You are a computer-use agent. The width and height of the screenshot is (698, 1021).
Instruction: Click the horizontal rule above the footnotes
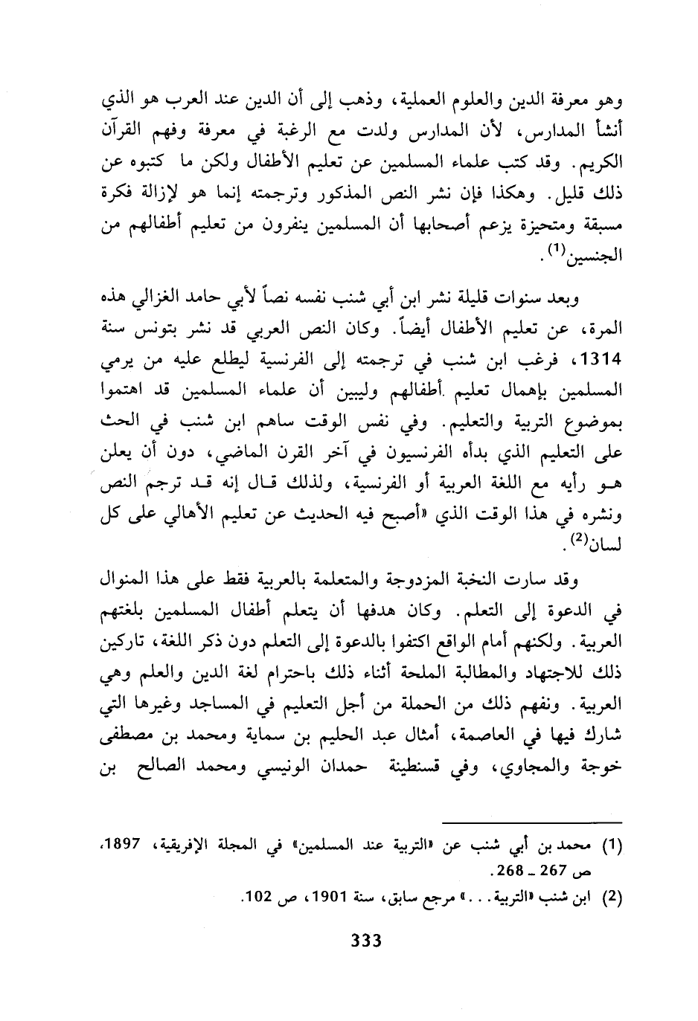536,822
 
